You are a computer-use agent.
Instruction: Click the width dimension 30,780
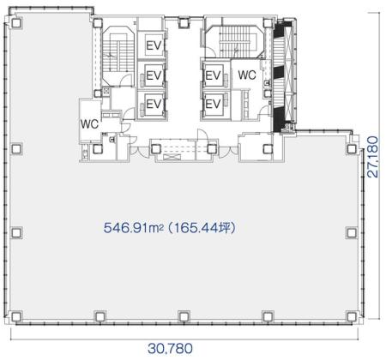[170, 349]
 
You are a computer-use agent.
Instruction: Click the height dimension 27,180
[373, 157]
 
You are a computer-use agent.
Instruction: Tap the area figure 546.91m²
[134, 228]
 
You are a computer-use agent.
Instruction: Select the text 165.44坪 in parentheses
[204, 228]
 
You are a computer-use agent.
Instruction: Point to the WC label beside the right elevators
[247, 75]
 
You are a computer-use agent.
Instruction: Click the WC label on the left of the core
[89, 124]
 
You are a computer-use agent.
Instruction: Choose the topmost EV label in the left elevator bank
[154, 45]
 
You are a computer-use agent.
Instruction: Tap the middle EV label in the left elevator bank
[154, 75]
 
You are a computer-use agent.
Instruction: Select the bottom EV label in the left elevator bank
[154, 104]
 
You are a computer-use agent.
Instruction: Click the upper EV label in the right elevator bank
[213, 75]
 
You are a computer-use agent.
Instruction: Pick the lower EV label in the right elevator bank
[213, 104]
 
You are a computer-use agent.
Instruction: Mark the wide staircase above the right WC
[235, 41]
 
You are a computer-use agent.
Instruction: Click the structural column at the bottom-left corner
[16, 316]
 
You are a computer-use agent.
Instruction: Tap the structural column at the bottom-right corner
[352, 316]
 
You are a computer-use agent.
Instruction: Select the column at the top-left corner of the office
[16, 22]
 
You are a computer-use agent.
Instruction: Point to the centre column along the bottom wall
[184, 316]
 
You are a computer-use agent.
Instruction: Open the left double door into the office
[139, 152]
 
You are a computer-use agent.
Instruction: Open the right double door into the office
[228, 152]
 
